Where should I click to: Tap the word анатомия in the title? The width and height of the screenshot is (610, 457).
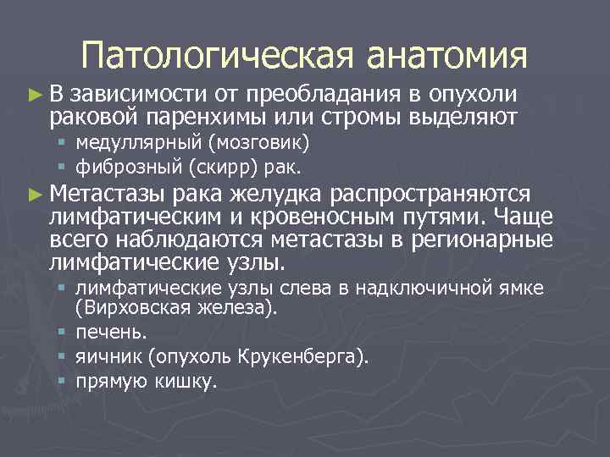(447, 56)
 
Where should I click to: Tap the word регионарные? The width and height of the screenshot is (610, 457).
(481, 238)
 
